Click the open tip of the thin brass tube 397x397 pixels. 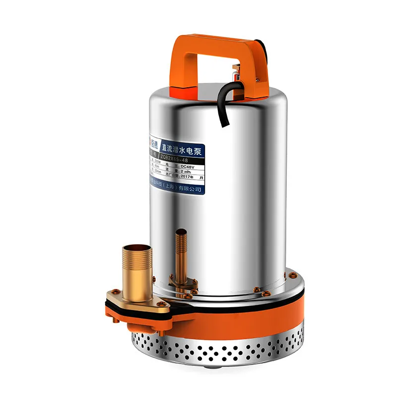point(180,231)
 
